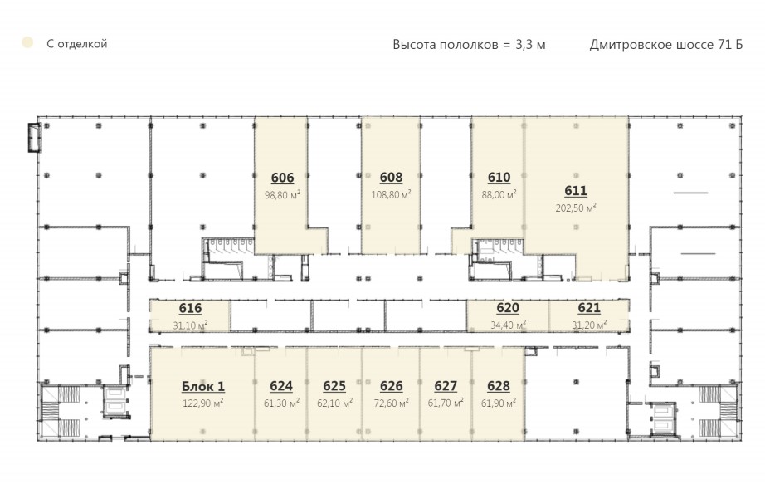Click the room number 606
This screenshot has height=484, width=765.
click(x=282, y=178)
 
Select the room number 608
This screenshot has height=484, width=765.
click(x=391, y=178)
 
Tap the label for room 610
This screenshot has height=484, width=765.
click(x=499, y=178)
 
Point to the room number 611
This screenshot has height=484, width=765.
click(x=576, y=191)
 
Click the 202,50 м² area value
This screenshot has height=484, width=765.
click(x=576, y=208)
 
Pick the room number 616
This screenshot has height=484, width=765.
click(x=190, y=309)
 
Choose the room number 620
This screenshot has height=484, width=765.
click(x=508, y=308)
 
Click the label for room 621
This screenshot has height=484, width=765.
click(x=589, y=308)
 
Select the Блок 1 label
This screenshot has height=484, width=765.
click(x=203, y=386)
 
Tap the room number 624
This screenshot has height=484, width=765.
click(x=281, y=386)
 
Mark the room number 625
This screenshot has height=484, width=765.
click(x=334, y=386)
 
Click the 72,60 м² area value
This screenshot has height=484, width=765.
click(x=392, y=403)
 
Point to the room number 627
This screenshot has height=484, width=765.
click(x=446, y=386)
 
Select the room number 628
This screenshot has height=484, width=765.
click(x=499, y=386)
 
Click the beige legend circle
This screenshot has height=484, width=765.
click(x=27, y=43)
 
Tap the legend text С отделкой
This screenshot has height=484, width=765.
click(x=76, y=44)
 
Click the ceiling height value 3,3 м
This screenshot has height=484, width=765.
click(x=530, y=45)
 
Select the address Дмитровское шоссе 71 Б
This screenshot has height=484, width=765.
click(x=666, y=45)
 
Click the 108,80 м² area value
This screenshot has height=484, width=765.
click(x=391, y=195)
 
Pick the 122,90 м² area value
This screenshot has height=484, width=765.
click(x=203, y=403)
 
